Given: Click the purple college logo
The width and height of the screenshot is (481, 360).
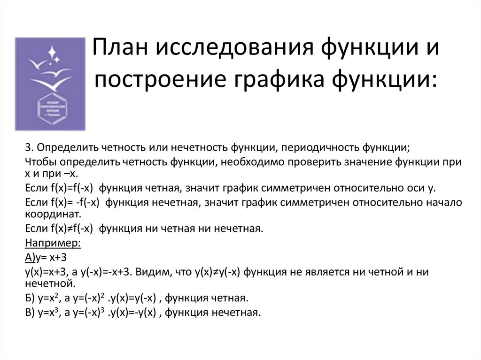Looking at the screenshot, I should [50, 84].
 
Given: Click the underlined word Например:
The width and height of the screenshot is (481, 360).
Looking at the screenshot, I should [53, 244].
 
